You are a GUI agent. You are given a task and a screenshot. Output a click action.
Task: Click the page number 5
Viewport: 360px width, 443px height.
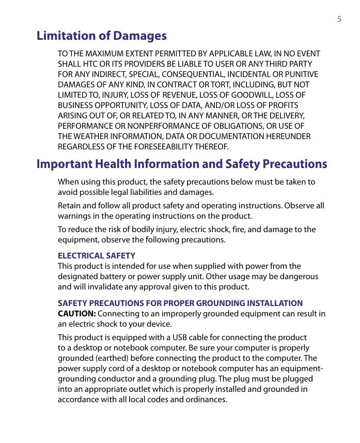339,20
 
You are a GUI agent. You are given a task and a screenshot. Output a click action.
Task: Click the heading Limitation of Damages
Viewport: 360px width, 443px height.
102,36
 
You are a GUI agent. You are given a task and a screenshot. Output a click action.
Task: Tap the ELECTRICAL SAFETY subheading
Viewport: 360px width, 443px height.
97,256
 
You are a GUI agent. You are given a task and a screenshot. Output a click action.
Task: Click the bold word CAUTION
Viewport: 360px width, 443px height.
76,314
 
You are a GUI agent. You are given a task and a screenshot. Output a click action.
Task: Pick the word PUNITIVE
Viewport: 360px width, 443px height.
302,74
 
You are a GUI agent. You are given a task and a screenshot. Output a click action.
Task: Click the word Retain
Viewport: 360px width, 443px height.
69,206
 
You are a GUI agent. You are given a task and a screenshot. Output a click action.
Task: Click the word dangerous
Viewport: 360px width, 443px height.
300,277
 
